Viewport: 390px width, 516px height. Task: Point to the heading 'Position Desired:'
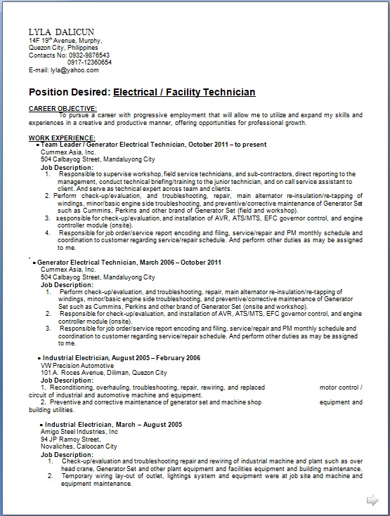[x=70, y=92]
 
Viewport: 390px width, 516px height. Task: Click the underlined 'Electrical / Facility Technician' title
[x=184, y=92]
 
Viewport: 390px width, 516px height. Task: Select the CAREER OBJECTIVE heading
[x=58, y=109]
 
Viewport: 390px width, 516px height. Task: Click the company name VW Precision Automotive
[x=76, y=365]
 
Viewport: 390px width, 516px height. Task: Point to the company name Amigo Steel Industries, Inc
[x=79, y=432]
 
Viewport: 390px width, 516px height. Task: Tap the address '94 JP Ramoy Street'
[x=69, y=439]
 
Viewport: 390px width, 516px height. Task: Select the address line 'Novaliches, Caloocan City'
[x=79, y=446]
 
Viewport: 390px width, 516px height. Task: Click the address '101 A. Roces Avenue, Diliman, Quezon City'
[x=104, y=372]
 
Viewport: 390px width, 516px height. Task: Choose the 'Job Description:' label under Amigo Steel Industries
[x=67, y=453]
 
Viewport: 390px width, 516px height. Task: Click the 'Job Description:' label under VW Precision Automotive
[x=67, y=379]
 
